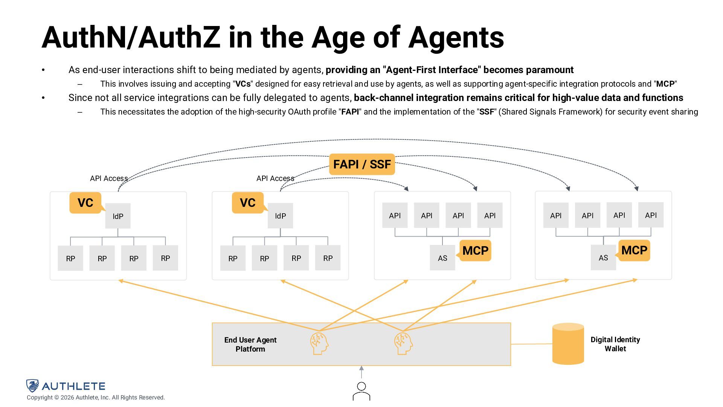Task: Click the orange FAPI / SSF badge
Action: pyautogui.click(x=361, y=164)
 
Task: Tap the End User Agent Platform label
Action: pyautogui.click(x=250, y=344)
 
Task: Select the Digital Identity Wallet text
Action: pyautogui.click(x=615, y=344)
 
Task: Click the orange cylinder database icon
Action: pyautogui.click(x=568, y=344)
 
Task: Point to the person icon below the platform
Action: pyautogui.click(x=361, y=391)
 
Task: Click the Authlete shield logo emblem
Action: pyautogui.click(x=33, y=386)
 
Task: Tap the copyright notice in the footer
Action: pyautogui.click(x=96, y=398)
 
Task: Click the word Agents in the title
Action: pyautogui.click(x=456, y=38)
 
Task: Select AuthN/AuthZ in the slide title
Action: pyautogui.click(x=131, y=38)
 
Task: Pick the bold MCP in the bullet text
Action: pyautogui.click(x=665, y=84)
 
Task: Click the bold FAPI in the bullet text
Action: pyautogui.click(x=350, y=112)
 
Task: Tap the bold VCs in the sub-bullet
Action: pyautogui.click(x=243, y=84)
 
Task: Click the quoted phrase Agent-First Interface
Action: pyautogui.click(x=432, y=70)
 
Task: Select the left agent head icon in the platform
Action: pyautogui.click(x=319, y=343)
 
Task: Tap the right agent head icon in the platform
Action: pyautogui.click(x=403, y=343)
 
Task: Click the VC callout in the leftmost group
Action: pyautogui.click(x=85, y=203)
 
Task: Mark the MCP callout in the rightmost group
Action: pyautogui.click(x=634, y=250)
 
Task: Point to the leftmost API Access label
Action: pyautogui.click(x=109, y=178)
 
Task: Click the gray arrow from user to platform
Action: pyautogui.click(x=361, y=372)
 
